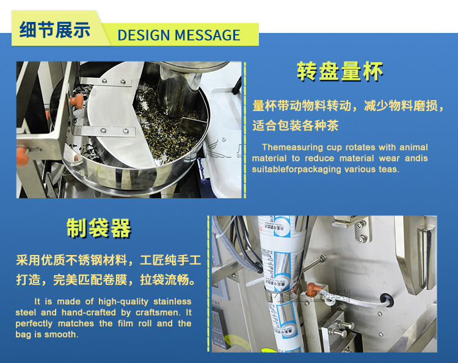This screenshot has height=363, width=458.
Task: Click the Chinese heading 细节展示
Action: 54,30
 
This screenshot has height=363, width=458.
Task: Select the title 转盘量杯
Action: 340,71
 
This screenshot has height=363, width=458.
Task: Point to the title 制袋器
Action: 99,228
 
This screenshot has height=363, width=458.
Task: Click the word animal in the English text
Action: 413,147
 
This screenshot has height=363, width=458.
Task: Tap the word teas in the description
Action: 389,169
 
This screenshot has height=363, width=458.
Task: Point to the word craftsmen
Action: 158,312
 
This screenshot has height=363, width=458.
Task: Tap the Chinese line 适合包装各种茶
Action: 296,126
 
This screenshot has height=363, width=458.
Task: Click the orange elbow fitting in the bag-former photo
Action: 313,289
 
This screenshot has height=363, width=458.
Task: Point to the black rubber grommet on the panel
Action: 386,300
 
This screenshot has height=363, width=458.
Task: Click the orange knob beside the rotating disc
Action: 77,101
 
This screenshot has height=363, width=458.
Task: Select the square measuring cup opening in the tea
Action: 191,126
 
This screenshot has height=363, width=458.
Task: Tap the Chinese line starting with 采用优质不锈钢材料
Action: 108,261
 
